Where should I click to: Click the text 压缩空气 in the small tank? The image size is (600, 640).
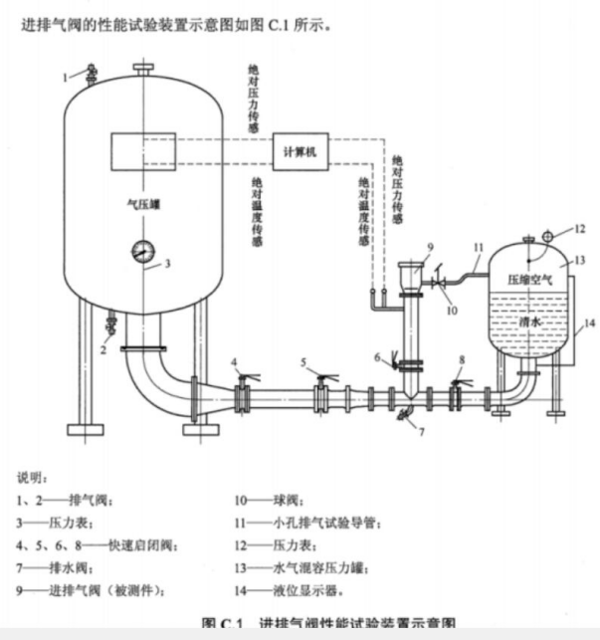pos(529,281)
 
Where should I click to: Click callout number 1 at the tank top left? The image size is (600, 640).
pos(67,75)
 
